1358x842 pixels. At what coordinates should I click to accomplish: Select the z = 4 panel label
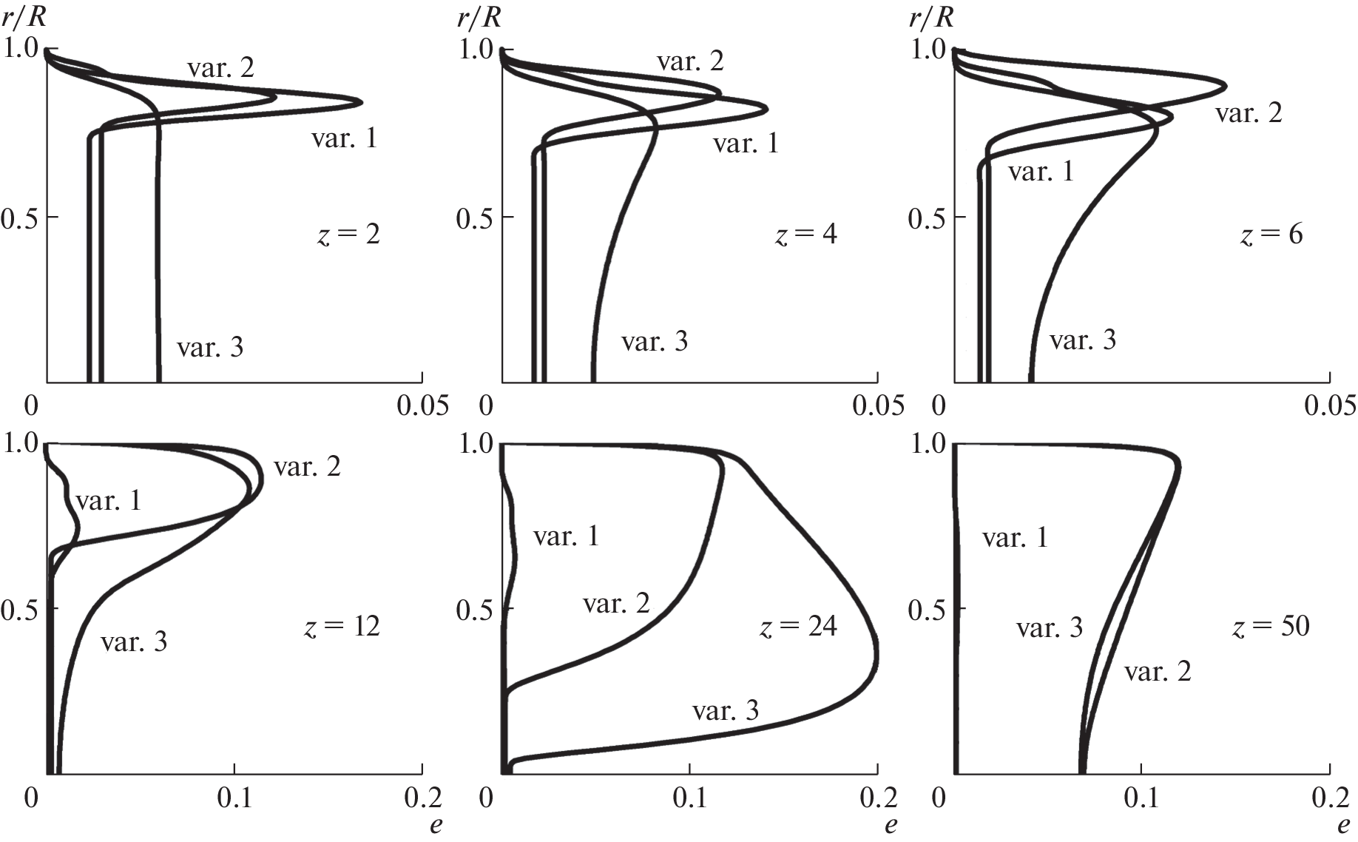pos(805,235)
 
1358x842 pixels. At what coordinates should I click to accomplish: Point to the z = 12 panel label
pos(342,627)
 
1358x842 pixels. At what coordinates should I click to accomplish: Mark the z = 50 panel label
pos(1271,627)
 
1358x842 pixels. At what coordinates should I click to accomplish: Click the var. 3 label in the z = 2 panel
pos(210,347)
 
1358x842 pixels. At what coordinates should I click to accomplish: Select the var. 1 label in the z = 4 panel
pos(746,143)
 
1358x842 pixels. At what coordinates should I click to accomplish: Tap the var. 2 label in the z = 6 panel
pos(1249,112)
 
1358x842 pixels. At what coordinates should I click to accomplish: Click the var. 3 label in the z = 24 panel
pos(726,711)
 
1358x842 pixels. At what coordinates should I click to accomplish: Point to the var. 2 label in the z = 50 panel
pos(1158,672)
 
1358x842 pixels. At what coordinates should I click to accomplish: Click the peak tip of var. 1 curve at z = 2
pos(361,101)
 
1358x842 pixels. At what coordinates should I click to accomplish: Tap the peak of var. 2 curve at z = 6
pos(1226,86)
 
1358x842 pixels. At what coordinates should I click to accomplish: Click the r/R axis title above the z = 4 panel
pos(479,17)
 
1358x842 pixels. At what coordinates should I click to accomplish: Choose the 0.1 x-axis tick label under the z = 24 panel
pos(690,798)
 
